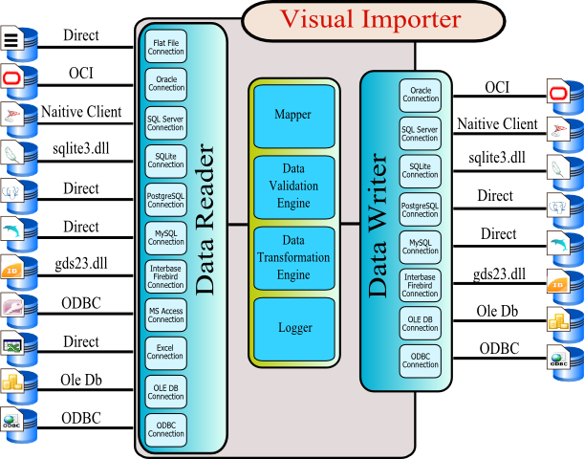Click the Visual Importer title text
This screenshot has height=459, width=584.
coord(370,18)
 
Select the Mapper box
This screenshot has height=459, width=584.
coord(293,116)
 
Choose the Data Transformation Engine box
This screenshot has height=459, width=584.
coord(293,258)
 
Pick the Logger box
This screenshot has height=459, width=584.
coord(293,328)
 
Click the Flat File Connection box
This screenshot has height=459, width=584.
coord(165,48)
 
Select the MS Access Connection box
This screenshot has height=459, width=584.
coord(165,315)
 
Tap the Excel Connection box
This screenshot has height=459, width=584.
coord(165,351)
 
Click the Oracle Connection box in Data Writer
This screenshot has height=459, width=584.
coord(421,94)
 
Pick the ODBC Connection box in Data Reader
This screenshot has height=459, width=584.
coord(165,426)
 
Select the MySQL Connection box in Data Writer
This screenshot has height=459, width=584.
coord(421,247)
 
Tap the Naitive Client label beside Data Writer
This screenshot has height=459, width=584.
coord(496,123)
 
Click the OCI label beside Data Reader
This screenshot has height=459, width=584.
coord(80,73)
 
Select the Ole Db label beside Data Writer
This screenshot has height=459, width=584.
coord(496,311)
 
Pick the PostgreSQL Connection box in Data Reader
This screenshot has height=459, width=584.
coord(165,200)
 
